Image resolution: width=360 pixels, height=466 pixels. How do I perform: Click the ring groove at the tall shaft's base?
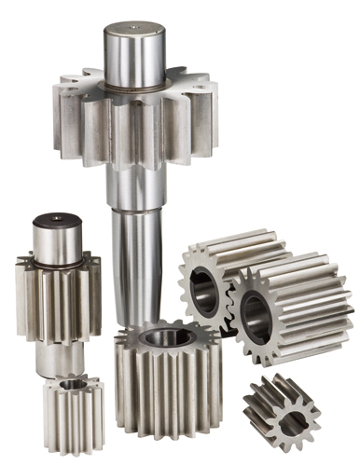tap(132, 89)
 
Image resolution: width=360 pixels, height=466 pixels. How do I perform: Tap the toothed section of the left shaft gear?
tap(57, 298)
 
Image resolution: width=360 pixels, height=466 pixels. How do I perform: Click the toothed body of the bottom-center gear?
tap(168, 391)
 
